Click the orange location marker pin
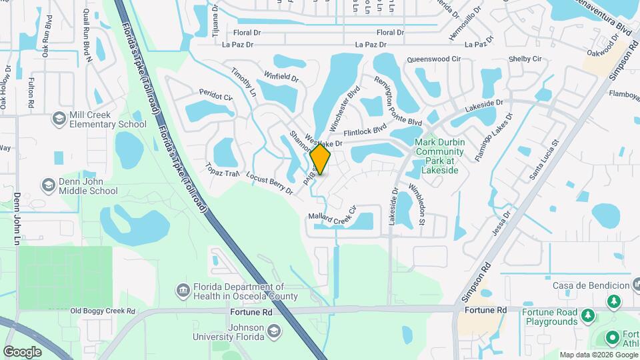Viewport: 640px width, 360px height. (x=321, y=159)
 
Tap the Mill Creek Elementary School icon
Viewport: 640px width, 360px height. (x=59, y=119)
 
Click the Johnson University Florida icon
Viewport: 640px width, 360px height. (x=273, y=331)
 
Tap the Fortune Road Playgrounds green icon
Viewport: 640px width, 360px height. (x=587, y=314)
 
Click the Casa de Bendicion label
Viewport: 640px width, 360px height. (x=591, y=285)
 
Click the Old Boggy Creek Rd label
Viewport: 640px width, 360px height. (x=103, y=311)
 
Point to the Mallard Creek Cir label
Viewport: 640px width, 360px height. (x=333, y=217)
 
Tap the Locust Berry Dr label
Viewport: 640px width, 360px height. (x=269, y=183)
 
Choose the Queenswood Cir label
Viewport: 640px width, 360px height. (x=434, y=59)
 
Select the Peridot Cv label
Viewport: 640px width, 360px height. (x=215, y=98)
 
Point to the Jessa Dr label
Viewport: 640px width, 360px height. (x=500, y=223)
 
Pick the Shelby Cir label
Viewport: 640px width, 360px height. (x=525, y=59)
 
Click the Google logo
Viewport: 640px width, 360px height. (x=22, y=351)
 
